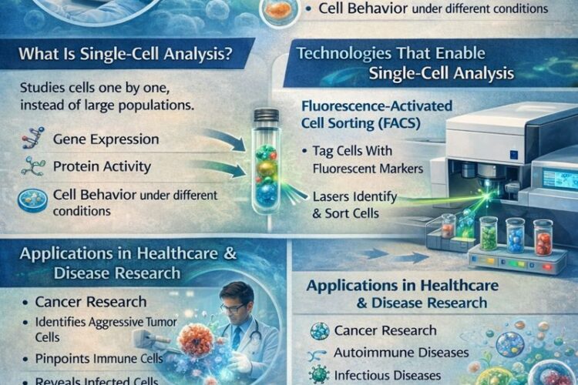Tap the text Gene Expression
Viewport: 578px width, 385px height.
[107, 139]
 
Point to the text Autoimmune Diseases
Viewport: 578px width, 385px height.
[401, 352]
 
